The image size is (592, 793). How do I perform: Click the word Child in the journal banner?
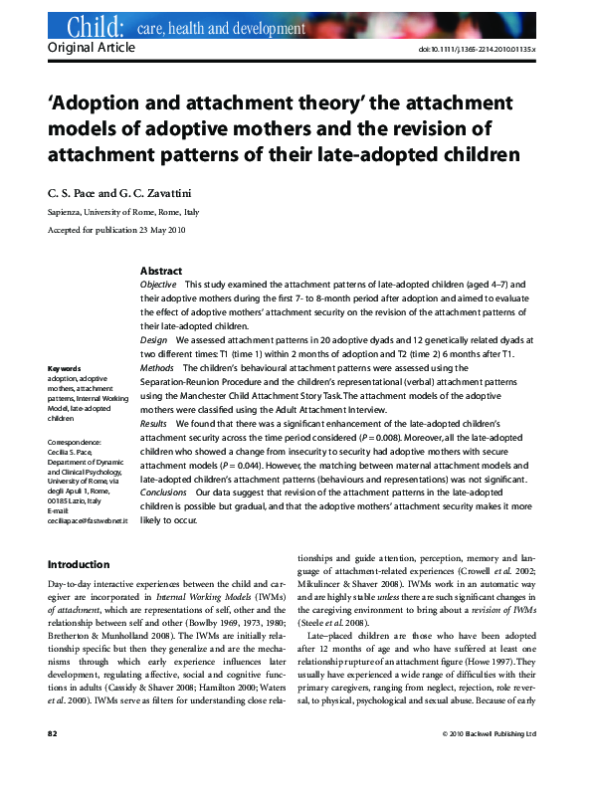pos(95,27)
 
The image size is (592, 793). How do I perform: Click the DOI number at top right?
pos(482,49)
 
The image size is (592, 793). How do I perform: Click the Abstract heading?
pos(160,271)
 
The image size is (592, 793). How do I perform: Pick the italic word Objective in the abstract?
pos(158,285)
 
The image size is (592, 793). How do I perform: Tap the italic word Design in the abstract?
pos(154,340)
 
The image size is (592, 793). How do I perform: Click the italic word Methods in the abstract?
pos(157,368)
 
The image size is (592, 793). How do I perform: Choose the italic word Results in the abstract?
pos(154,424)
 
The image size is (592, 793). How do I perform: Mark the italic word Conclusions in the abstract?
pos(163,493)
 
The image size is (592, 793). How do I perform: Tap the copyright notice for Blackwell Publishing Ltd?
pos(489,761)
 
